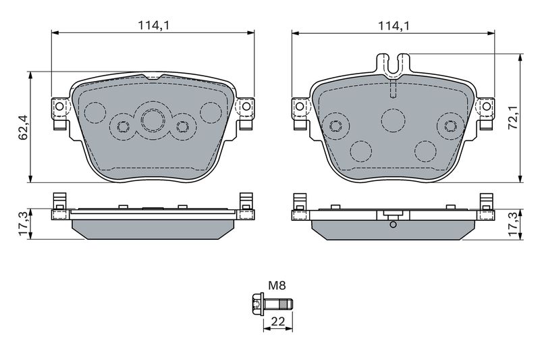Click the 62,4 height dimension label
tap(23, 127)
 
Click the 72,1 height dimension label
tap(514, 118)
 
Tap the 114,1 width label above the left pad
tap(154, 26)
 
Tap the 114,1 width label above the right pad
tap(394, 26)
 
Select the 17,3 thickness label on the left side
tap(23, 224)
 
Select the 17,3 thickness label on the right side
tap(514, 224)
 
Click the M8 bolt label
tap(277, 285)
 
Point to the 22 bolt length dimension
tap(278, 322)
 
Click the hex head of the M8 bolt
tap(257, 304)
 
